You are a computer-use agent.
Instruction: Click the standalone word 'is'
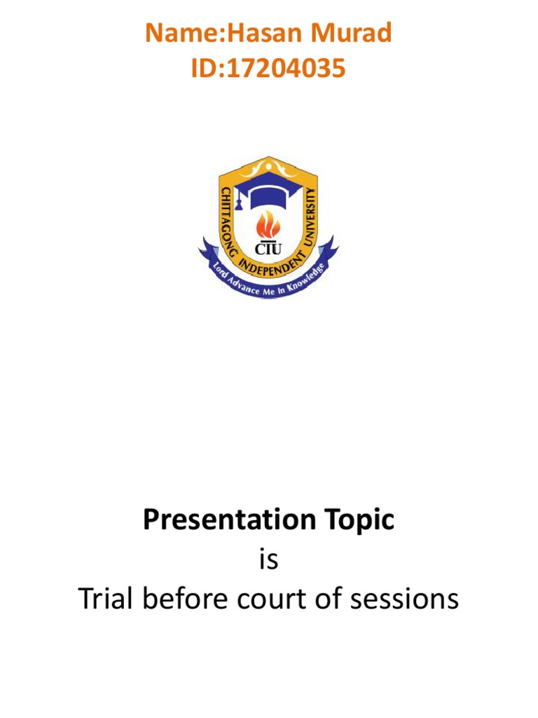pos(269,560)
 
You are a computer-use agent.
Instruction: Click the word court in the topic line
pos(273,600)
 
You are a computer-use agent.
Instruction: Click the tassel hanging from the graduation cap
pos(238,203)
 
